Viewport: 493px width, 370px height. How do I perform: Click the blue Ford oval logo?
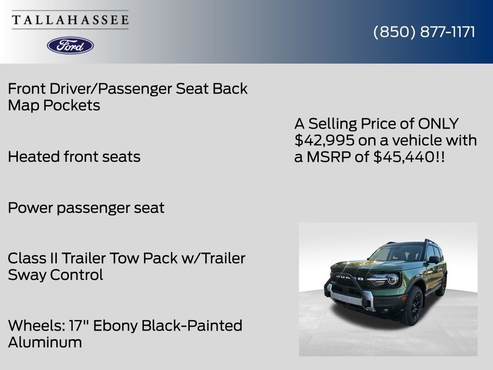pyautogui.click(x=70, y=45)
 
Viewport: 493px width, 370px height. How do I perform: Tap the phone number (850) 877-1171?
pyautogui.click(x=424, y=32)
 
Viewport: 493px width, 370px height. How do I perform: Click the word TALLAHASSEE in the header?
pyautogui.click(x=70, y=20)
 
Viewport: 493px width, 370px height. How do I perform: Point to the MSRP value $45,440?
pyautogui.click(x=403, y=157)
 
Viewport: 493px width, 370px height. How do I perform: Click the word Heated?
pyautogui.click(x=33, y=157)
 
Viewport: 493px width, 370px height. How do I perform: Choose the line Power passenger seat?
pyautogui.click(x=86, y=208)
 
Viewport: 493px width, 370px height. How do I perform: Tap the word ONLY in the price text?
pyautogui.click(x=438, y=124)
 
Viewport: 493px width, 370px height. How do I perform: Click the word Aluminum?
pyautogui.click(x=45, y=343)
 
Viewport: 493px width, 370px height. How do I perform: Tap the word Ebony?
pyautogui.click(x=114, y=326)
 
